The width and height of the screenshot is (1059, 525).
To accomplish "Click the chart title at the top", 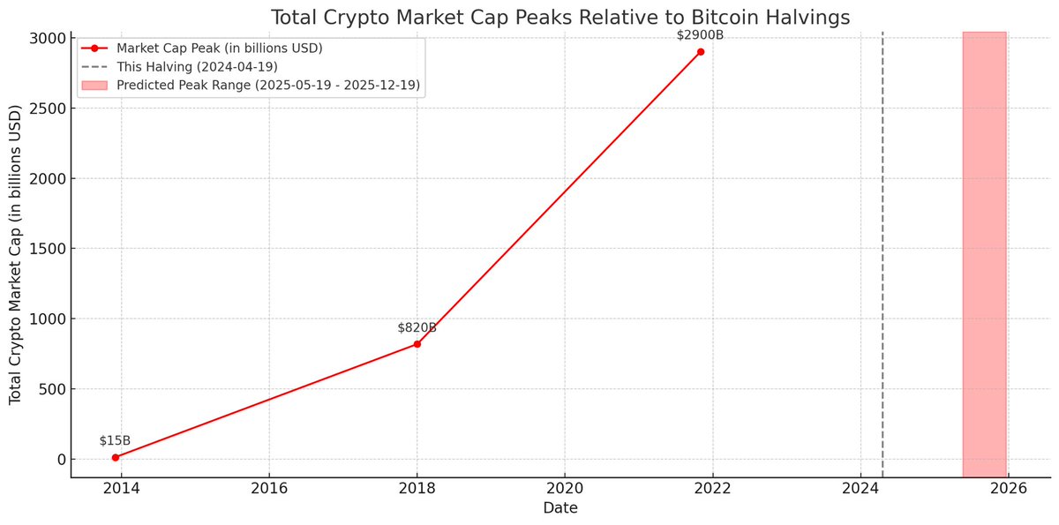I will (x=560, y=18).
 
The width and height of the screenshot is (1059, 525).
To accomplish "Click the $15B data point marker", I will (x=116, y=457).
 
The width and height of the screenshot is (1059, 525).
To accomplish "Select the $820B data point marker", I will (x=417, y=343).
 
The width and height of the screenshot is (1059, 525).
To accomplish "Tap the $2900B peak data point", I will (x=700, y=52).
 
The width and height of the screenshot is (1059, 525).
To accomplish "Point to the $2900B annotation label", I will (x=700, y=35).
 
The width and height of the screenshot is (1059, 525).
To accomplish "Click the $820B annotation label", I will (x=417, y=327).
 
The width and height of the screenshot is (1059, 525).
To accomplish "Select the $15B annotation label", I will (x=115, y=440).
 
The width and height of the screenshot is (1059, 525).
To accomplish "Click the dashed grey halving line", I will (x=882, y=265).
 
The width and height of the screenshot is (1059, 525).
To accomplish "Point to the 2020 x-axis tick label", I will (x=565, y=489).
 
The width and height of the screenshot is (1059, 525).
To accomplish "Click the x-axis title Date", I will (x=560, y=508).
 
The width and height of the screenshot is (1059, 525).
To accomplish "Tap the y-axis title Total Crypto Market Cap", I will (x=16, y=256).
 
